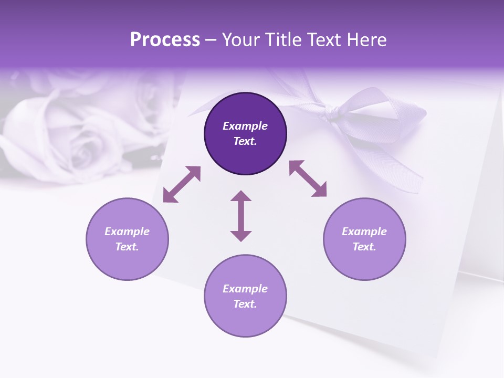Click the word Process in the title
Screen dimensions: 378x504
[x=165, y=40]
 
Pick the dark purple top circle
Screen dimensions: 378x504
[x=245, y=134]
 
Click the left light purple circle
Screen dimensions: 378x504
[x=127, y=239]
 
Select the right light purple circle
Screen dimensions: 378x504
[x=364, y=239]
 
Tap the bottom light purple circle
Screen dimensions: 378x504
[x=245, y=296]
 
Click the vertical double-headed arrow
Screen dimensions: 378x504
[x=241, y=216]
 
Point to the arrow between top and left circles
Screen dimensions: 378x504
[x=182, y=184]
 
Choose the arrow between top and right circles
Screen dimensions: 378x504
[x=308, y=178]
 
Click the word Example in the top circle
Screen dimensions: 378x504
[x=245, y=126]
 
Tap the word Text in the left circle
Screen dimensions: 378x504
[x=127, y=247]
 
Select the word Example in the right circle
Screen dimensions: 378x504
[x=364, y=232]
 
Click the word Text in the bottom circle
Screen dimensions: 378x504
[x=245, y=304]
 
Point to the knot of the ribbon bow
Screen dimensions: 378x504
[x=332, y=112]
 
